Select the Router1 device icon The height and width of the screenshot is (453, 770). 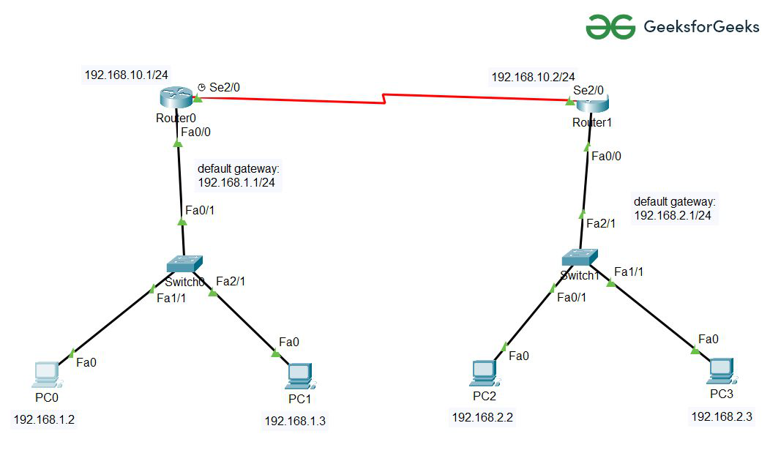tap(591, 102)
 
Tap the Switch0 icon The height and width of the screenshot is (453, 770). tap(184, 265)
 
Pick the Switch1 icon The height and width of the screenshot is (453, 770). tap(580, 257)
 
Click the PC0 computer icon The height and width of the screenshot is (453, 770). tap(48, 375)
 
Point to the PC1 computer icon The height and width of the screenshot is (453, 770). tap(299, 376)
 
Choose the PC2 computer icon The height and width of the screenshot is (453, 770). tap(484, 373)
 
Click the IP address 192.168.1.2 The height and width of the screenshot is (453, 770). tap(44, 420)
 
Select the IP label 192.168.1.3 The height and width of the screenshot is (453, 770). tap(295, 421)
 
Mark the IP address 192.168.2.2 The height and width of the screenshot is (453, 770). tap(482, 417)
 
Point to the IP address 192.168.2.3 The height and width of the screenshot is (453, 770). tap(721, 416)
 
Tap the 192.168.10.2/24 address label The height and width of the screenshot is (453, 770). tap(533, 77)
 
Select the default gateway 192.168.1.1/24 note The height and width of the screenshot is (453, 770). tap(239, 176)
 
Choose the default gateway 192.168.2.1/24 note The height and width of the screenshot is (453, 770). tap(674, 209)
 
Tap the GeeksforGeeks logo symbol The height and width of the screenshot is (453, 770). tap(609, 27)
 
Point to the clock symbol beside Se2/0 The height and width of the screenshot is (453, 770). tap(201, 87)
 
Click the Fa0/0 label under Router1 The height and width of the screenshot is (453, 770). tap(606, 156)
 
